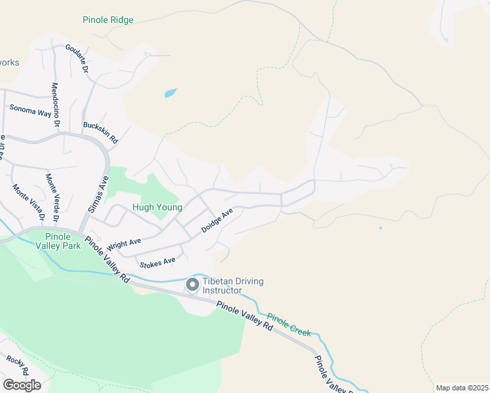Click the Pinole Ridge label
coord(108,20)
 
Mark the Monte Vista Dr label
coord(28,202)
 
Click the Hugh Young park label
coord(157,207)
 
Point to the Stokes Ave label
coord(158,262)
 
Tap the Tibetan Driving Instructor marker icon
coord(193,285)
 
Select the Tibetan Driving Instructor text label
coord(233,286)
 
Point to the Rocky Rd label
coord(18,364)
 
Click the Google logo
coord(22,384)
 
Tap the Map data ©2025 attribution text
coord(462,388)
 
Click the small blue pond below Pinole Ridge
coord(170,93)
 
